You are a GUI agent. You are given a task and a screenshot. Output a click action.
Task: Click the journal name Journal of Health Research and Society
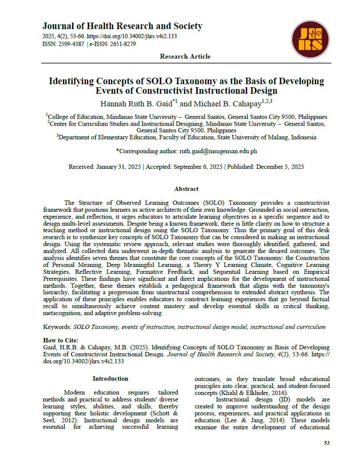pyautogui.click(x=122, y=26)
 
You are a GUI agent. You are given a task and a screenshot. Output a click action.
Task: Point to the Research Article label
pyautogui.click(x=185, y=56)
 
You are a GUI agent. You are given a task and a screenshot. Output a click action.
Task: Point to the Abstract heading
pyautogui.click(x=186, y=189)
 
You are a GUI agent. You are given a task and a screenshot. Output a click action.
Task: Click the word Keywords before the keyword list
pyautogui.click(x=57, y=327)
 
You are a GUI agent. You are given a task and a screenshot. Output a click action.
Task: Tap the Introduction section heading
pyautogui.click(x=110, y=378)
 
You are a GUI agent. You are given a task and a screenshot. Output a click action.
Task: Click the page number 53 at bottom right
pyautogui.click(x=327, y=443)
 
